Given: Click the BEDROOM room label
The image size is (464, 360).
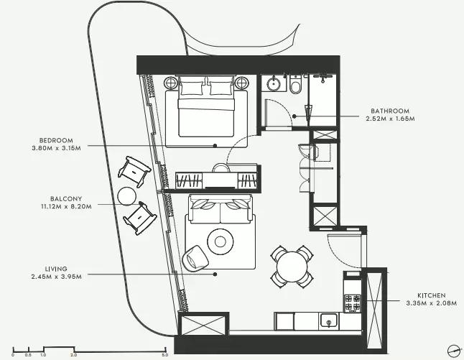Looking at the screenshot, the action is point(56,140).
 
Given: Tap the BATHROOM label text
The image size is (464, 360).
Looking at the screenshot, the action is point(390,111).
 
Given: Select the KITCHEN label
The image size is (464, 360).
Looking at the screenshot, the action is point(432,295).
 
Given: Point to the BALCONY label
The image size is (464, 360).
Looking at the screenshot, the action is point(66,199).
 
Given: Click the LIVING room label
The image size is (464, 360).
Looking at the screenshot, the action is point(56,269).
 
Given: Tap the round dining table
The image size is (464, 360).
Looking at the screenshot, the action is point(292,267).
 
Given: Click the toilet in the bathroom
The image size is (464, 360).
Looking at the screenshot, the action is point(295,85).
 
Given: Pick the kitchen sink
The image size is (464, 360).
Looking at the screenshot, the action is point(328,321).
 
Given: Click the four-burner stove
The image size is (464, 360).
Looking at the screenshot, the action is point(353,303).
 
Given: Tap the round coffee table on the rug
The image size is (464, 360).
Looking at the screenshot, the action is point(221,241).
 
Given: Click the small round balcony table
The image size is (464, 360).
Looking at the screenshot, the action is point(127,196).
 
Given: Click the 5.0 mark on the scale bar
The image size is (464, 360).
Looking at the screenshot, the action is point(164,355).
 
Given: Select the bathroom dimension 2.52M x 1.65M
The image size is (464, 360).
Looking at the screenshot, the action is point(390,119).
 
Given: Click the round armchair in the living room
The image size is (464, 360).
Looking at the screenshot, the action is point(195,258).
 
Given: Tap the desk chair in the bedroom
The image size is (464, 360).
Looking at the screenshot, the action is point(221,167).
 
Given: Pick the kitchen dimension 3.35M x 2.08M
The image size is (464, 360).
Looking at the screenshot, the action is point(432,303).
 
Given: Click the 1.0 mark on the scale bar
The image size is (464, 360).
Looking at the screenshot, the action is point(43,355).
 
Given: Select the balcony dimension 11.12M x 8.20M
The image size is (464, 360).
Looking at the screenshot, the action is point(66,207).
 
